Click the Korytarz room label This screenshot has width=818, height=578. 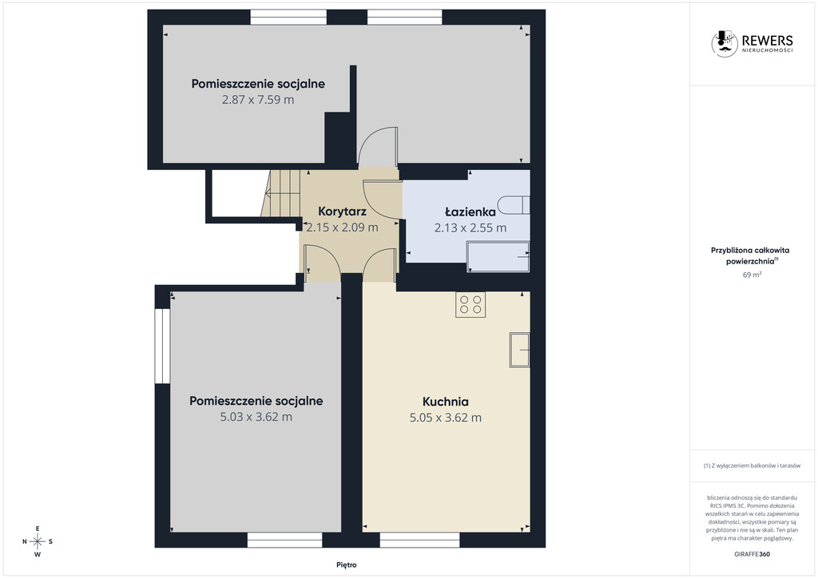[x=342, y=212]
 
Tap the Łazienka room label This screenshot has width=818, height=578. [x=470, y=212]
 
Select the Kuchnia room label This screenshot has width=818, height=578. [x=446, y=402]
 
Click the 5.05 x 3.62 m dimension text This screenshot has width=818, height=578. [x=446, y=418]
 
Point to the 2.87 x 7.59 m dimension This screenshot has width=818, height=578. [x=258, y=100]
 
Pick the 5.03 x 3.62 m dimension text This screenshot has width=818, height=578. [x=256, y=417]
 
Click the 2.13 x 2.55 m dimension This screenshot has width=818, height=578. [x=471, y=228]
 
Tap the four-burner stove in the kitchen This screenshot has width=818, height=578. [x=471, y=304]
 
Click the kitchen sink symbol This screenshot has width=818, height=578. [x=519, y=350]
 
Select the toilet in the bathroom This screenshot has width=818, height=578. [x=514, y=205]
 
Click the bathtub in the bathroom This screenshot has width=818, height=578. [x=498, y=256]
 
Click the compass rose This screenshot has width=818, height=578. [x=38, y=541]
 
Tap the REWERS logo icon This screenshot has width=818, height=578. [x=725, y=43]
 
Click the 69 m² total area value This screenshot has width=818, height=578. [x=752, y=275]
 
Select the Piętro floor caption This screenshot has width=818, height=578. [x=347, y=565]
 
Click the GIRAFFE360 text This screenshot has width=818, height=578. [x=752, y=554]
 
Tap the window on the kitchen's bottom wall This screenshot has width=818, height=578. [x=420, y=540]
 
